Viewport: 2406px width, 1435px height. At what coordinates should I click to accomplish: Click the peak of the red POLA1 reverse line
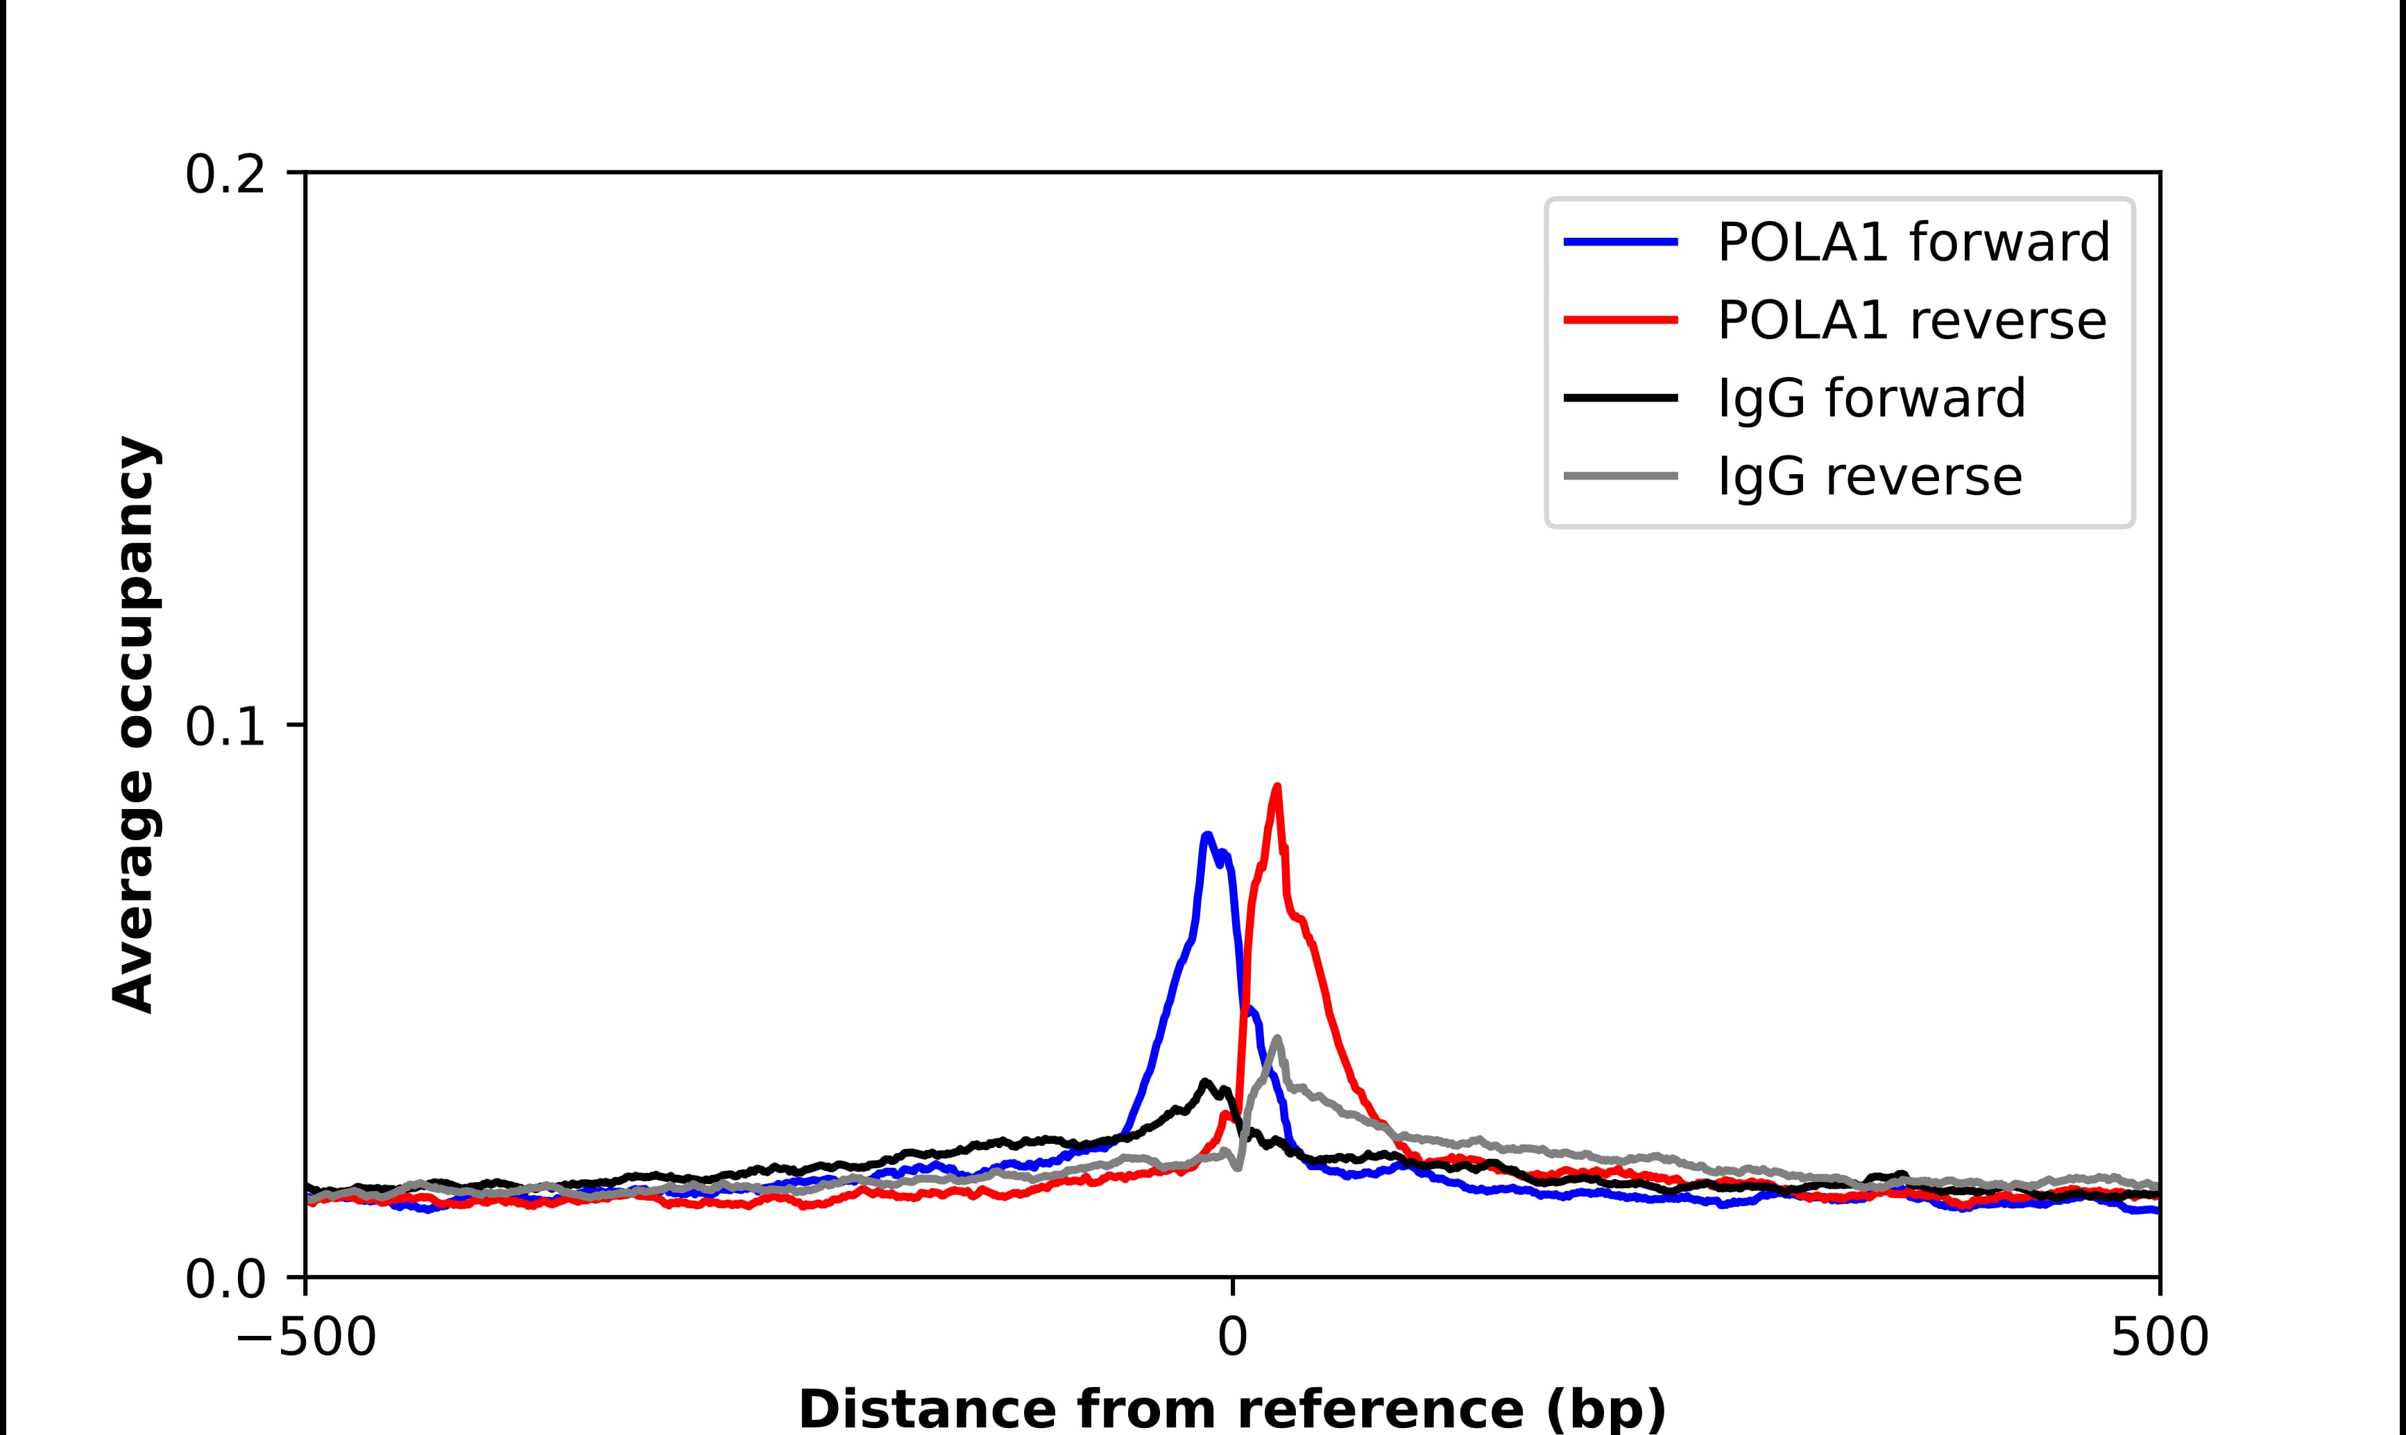coord(1277,787)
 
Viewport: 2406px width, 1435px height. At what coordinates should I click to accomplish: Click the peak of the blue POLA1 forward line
coord(1206,835)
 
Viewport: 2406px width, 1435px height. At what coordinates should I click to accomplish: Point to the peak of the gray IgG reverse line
coord(1278,1039)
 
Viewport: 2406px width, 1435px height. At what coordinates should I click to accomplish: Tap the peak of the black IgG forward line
coord(1205,1082)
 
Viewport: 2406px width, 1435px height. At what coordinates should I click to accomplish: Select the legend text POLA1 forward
coord(1913,243)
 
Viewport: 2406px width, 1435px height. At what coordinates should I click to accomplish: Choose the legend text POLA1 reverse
coord(1911,321)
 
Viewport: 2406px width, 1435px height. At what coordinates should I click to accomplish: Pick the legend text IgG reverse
coord(1869,477)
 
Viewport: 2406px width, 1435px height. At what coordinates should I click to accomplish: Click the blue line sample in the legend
coord(1621,243)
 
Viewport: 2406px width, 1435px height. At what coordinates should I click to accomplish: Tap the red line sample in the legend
coord(1621,320)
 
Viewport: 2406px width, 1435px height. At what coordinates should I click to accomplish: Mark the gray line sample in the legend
coord(1621,476)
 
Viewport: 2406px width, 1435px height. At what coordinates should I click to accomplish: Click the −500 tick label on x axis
coord(306,1339)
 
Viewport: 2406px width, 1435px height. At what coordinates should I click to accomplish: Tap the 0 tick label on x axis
coord(1231,1339)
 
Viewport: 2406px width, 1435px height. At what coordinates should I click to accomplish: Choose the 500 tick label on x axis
coord(2158,1339)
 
